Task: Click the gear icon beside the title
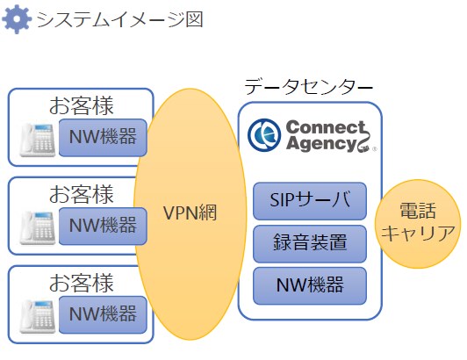point(17,19)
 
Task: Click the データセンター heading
point(308,87)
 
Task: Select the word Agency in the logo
point(317,144)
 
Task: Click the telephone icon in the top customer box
point(38,138)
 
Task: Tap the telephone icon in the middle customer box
point(38,226)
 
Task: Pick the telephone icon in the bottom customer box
point(38,313)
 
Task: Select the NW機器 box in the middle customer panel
point(102,225)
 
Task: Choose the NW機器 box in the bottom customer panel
point(102,313)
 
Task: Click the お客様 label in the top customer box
point(81,105)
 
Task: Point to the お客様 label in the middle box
point(81,193)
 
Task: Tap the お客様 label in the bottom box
point(81,282)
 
